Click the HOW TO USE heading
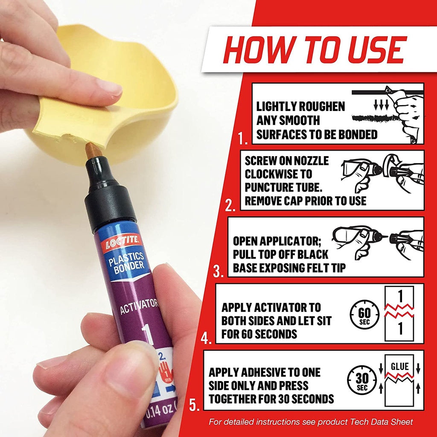314,50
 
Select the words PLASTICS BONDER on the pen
127,262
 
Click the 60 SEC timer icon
364,314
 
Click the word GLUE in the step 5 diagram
399,367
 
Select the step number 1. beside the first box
243,138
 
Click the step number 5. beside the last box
195,405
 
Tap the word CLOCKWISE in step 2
278,174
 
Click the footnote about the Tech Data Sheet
311,422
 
